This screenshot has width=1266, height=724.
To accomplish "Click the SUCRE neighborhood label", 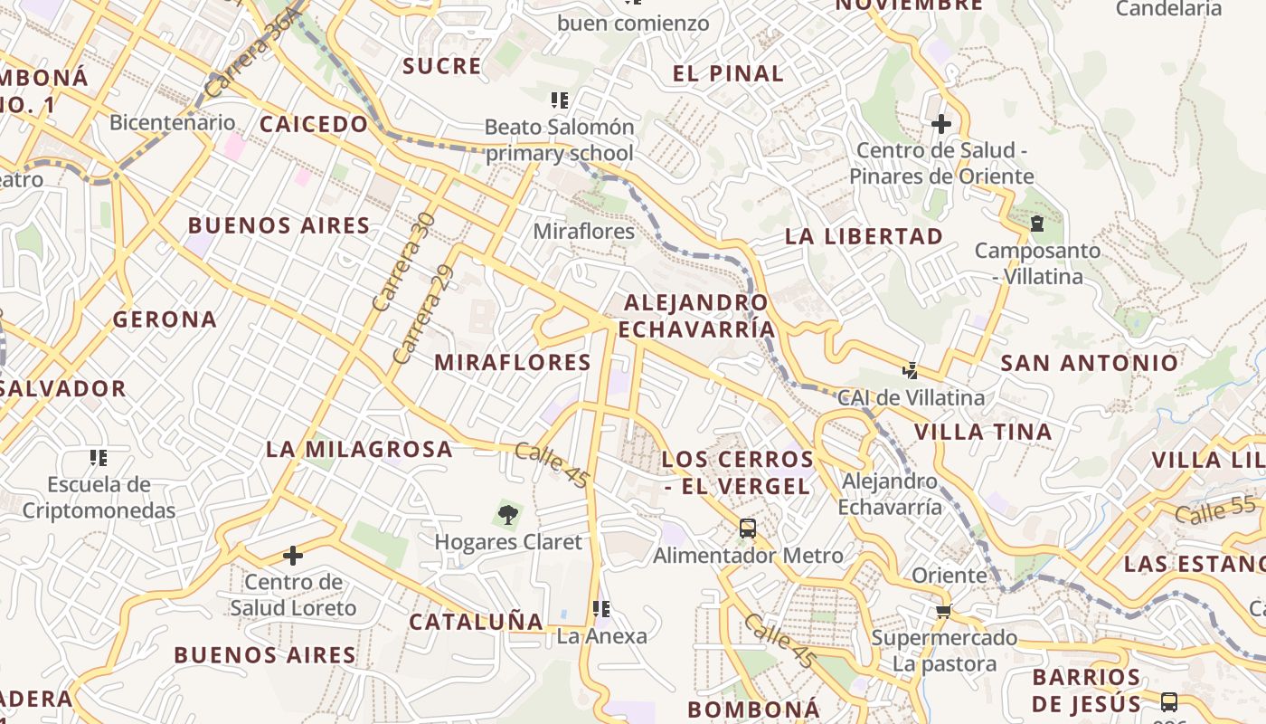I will (442, 66).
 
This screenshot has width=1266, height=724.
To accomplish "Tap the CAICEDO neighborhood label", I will (314, 124).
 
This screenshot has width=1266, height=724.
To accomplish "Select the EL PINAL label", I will (728, 74).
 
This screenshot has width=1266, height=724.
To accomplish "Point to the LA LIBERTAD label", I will (864, 236).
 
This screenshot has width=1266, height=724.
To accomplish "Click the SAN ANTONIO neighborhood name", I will (1090, 364).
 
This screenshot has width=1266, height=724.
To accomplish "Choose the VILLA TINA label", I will (983, 432).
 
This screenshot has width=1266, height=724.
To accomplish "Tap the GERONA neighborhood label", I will (165, 319).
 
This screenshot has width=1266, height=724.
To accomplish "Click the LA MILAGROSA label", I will (359, 449).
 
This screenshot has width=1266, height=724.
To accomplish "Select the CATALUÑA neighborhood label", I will (477, 622).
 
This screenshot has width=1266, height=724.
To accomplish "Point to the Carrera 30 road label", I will (403, 262).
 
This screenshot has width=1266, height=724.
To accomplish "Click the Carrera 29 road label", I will (422, 315).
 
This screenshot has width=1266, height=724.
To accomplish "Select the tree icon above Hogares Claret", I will (507, 515).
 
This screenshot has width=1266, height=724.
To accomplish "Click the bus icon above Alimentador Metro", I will (747, 529).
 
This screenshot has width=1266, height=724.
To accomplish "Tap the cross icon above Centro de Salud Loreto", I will (293, 555).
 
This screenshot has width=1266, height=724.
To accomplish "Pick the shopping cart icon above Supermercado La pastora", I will (944, 611).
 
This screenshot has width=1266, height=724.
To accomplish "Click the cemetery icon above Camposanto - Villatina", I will (1037, 223).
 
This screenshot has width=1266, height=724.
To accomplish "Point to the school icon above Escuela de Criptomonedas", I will (99, 458).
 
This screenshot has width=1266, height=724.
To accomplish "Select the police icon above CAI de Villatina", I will (910, 370).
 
